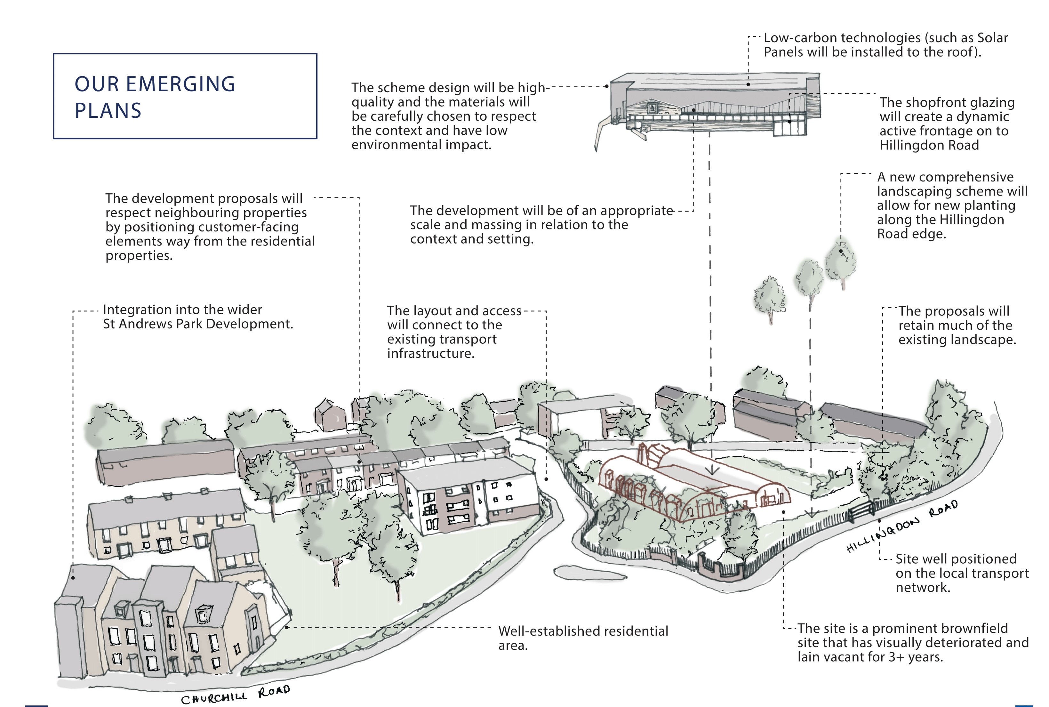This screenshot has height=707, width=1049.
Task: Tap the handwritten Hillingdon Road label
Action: [x=901, y=526]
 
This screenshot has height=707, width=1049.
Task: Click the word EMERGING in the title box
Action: [x=180, y=84]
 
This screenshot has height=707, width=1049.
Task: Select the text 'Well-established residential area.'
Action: [x=583, y=638]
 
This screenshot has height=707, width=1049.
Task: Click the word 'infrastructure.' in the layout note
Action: [x=430, y=353]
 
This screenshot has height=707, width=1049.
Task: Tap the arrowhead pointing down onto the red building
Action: [x=712, y=471]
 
